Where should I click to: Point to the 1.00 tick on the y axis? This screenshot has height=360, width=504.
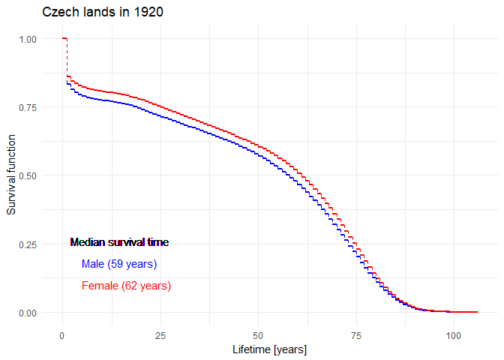pos(27,39)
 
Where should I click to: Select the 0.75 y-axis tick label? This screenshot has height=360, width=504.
pos(27,107)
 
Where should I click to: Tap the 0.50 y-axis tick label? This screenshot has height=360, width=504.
pos(27,175)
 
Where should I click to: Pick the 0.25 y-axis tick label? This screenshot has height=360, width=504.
pos(27,244)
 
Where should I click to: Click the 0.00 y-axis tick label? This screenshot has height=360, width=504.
pos(27,313)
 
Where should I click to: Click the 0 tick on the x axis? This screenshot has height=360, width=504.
pos(62,335)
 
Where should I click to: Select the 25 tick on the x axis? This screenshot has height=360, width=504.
pos(160,335)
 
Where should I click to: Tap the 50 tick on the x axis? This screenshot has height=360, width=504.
pos(258,335)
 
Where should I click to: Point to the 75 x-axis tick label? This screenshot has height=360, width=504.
pos(356,335)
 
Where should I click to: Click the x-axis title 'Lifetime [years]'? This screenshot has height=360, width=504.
pos(270,350)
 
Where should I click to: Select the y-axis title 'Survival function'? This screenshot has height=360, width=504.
pos(11,175)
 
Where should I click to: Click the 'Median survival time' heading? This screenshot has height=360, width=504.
pos(119,242)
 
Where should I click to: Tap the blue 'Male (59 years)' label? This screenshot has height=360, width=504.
pos(119,264)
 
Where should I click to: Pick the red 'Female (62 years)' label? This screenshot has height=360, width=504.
pos(126,286)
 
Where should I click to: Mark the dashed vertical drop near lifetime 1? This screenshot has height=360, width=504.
pos(67,57)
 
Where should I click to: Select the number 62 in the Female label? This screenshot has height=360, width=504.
pos(131,286)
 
